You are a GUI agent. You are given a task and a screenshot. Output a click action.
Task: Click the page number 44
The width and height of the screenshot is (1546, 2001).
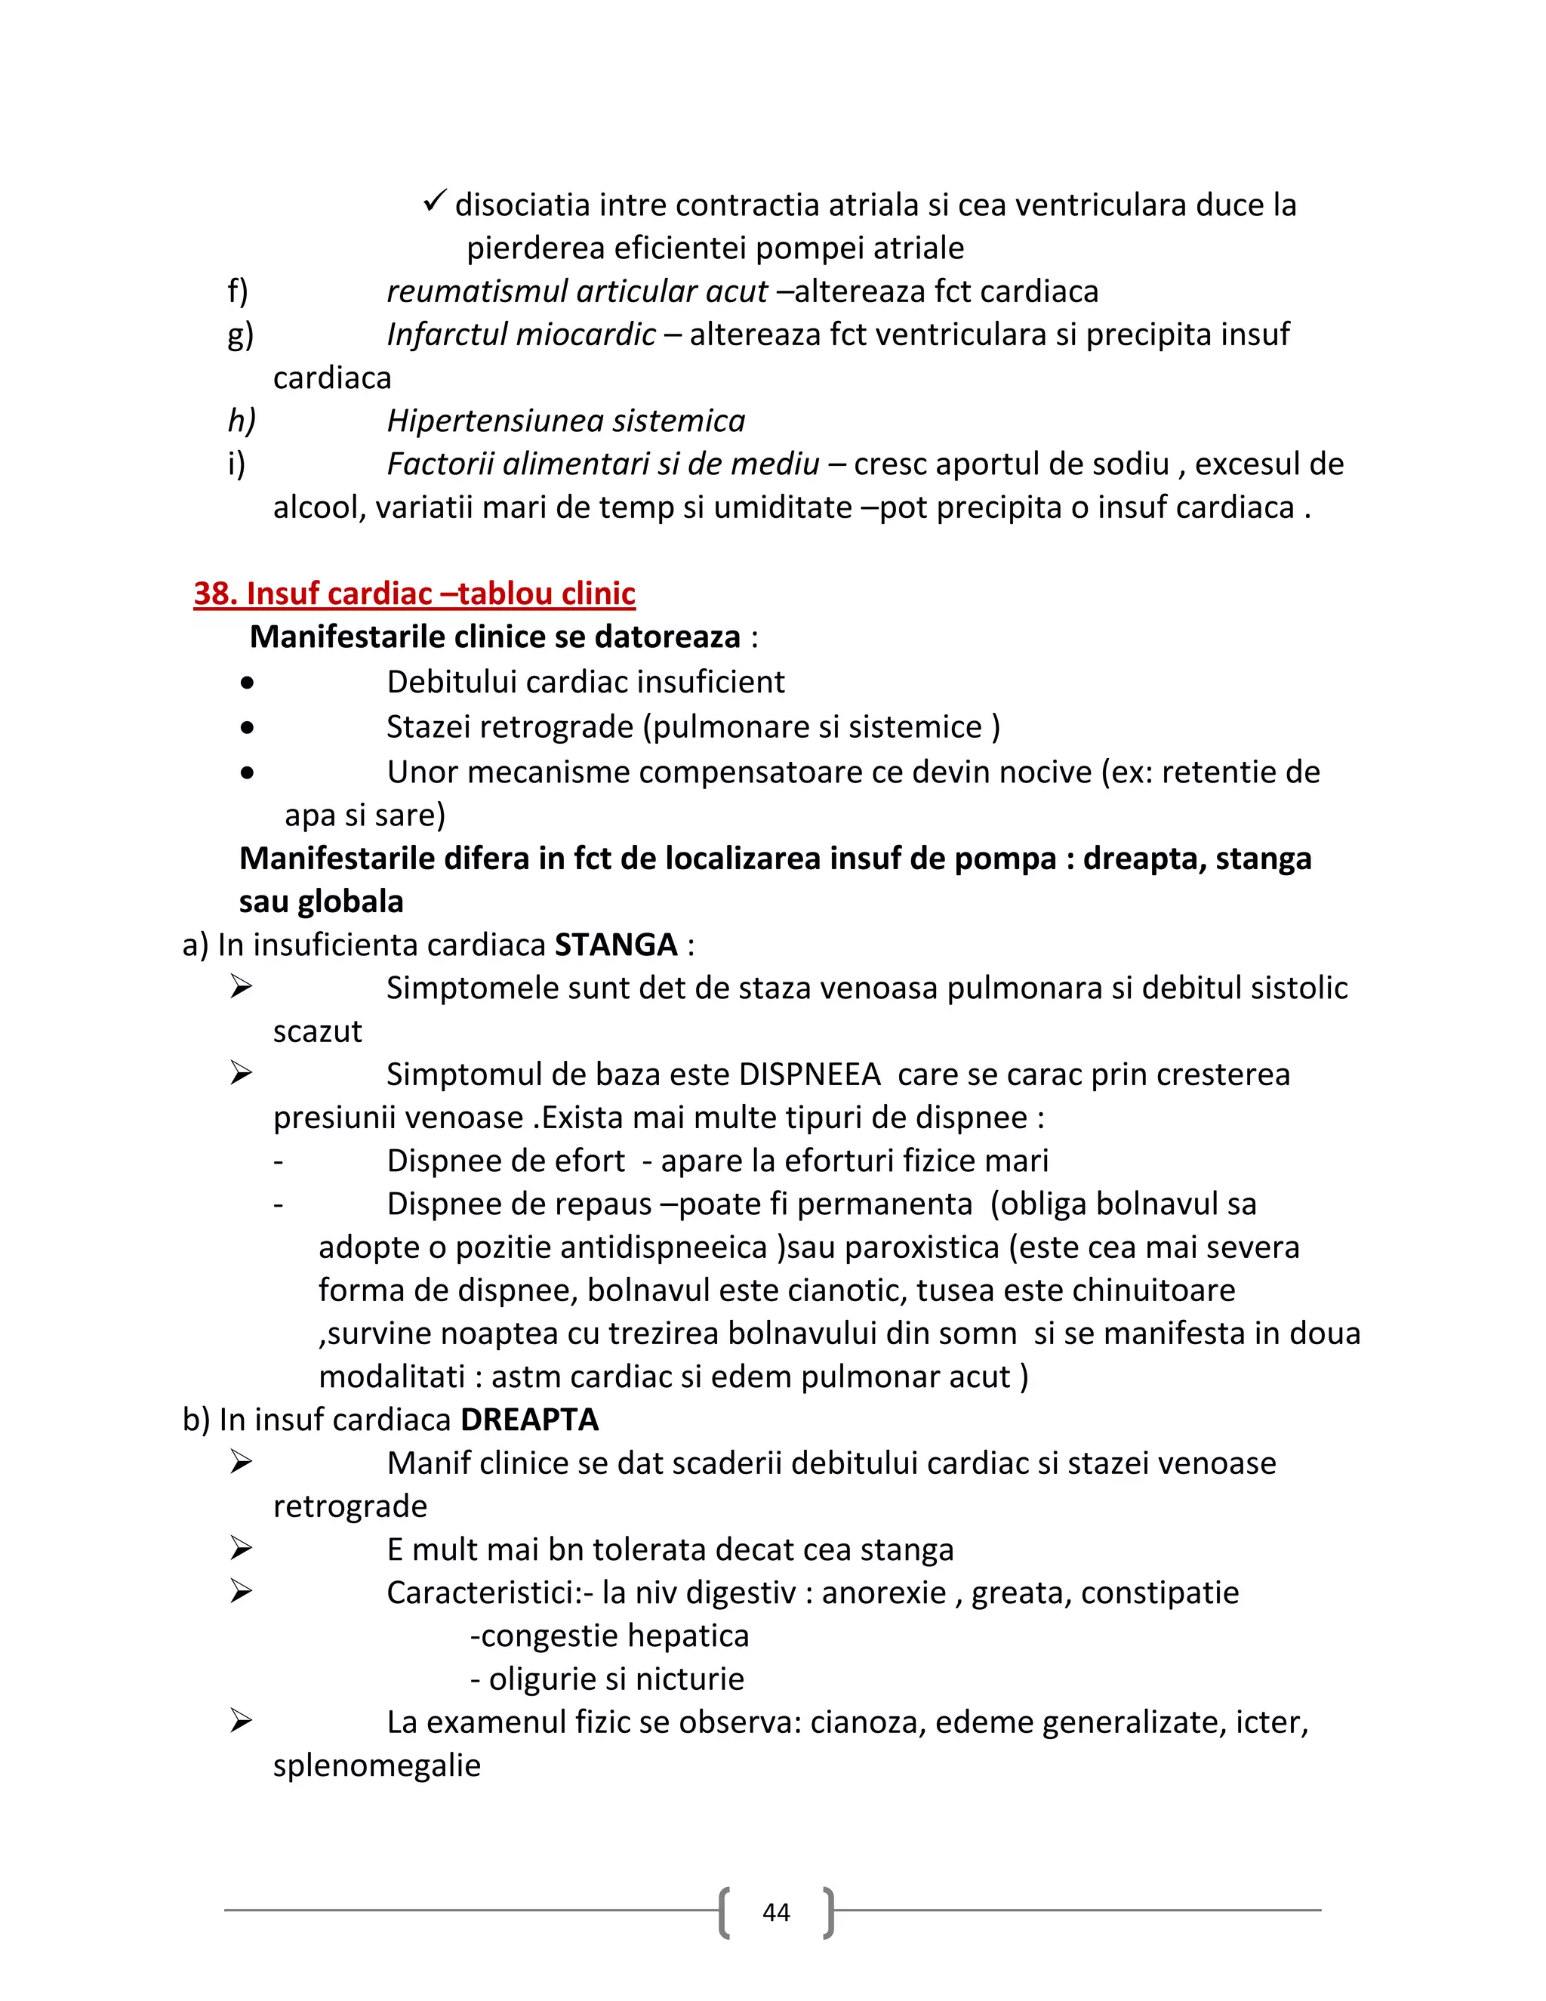(x=776, y=1912)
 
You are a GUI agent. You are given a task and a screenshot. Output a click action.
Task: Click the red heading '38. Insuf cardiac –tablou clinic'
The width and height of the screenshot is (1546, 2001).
(x=414, y=594)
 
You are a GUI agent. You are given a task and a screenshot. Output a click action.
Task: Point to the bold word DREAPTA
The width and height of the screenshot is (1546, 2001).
(x=529, y=1420)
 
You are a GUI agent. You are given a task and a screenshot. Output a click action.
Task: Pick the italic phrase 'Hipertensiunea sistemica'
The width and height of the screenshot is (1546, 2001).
(x=565, y=421)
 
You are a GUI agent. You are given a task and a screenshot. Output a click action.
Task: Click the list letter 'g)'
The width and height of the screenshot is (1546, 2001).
(x=240, y=335)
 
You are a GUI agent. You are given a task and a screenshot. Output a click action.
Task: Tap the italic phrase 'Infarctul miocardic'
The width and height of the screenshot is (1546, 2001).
(x=520, y=335)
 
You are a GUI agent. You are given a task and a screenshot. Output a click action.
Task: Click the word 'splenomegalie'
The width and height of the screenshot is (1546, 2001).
(x=377, y=1765)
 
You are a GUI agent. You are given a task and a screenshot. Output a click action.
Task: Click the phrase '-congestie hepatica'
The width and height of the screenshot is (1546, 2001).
(x=609, y=1636)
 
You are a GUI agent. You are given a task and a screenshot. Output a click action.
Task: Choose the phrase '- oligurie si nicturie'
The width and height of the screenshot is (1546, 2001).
(x=606, y=1679)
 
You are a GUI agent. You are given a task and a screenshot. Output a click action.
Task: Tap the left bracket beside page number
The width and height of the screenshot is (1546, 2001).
(x=725, y=1912)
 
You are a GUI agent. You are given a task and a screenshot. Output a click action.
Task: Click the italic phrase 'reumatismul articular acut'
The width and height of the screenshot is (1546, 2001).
(x=576, y=291)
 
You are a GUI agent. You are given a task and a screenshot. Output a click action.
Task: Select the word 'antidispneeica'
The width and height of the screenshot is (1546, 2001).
(x=611, y=1247)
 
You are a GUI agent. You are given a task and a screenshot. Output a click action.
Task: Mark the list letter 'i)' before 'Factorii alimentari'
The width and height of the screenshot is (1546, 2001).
(x=236, y=464)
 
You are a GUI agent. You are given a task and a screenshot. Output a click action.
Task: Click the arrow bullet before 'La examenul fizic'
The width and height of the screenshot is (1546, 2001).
(x=241, y=1721)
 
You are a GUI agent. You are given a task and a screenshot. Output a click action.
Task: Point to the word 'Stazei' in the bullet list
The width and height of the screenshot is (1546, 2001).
(x=433, y=726)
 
